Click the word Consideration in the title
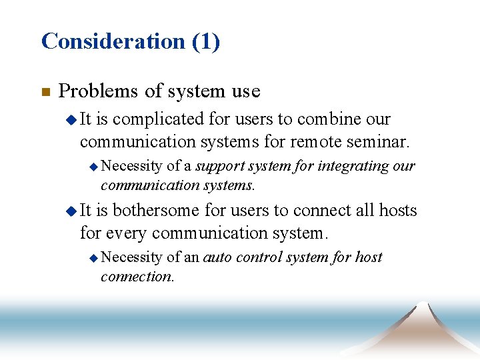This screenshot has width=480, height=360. pos(113,41)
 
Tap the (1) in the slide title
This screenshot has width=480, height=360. pos(206,41)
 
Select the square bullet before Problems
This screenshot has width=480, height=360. pos(45,93)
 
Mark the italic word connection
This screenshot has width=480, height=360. pos(137,276)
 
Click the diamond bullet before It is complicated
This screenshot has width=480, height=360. pos(71,120)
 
